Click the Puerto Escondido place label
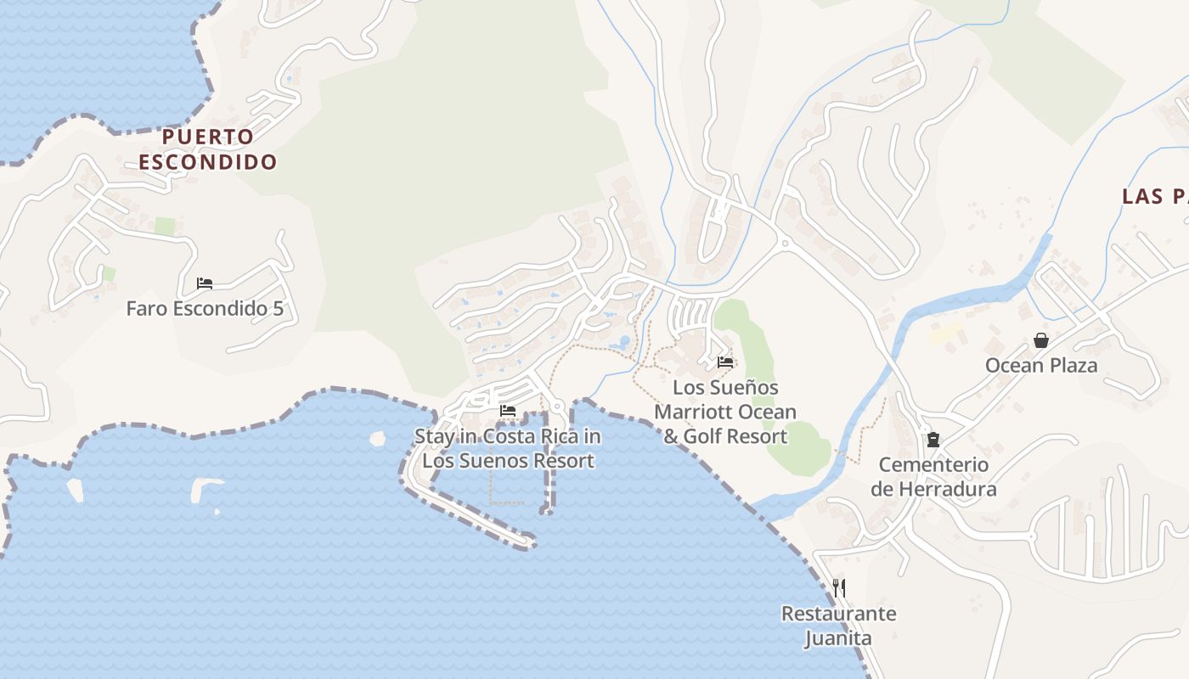[x=208, y=149]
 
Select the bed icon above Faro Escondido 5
[x=205, y=283]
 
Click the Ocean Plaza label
[x=1041, y=365]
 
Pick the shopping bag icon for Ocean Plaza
[x=1041, y=340]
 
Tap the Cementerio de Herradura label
[x=933, y=477]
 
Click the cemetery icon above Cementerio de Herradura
[x=933, y=440]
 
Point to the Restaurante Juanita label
[x=838, y=626]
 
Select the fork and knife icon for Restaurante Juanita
[x=838, y=587]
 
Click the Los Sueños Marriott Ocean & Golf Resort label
[x=725, y=412]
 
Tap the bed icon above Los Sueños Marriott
[x=725, y=362]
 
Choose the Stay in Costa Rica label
[x=508, y=449]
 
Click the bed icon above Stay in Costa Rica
[x=508, y=411]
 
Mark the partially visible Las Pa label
[x=1155, y=197]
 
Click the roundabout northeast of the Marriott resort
[x=785, y=244]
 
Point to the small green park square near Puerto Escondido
[x=165, y=227]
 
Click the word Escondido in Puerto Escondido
[x=208, y=161]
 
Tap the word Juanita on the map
[x=838, y=637]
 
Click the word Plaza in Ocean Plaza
[x=1073, y=365]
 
